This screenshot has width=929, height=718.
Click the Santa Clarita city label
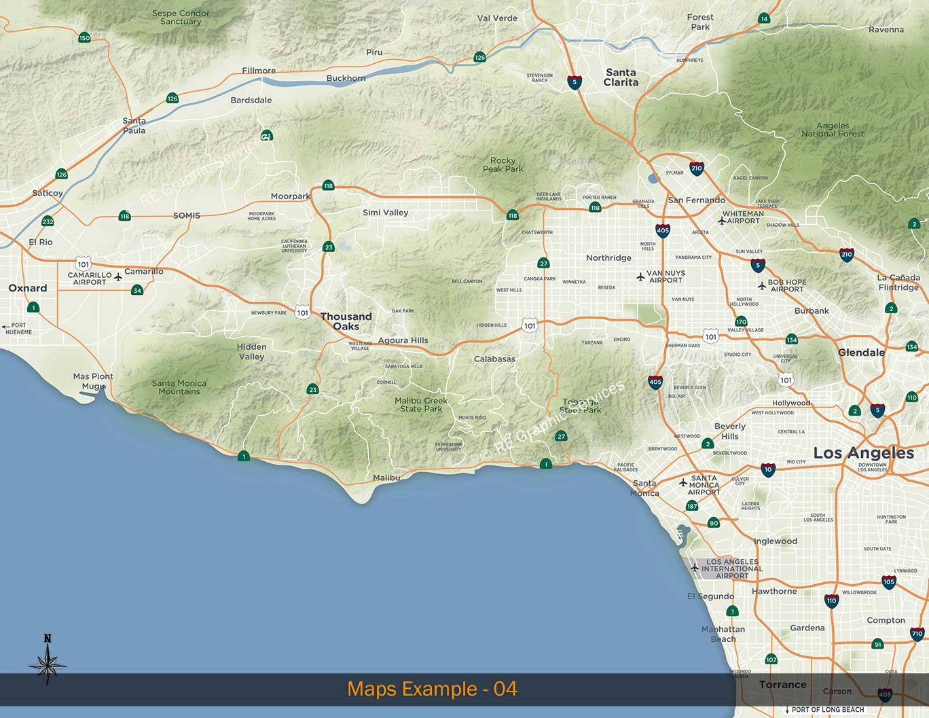coord(621,77)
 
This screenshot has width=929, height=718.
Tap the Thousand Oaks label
coord(346,321)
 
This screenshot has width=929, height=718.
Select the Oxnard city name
coord(28,288)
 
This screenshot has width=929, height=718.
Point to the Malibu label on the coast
coord(386,478)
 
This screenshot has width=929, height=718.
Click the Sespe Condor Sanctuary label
coord(181,18)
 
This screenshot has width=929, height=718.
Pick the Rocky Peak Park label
coord(503,165)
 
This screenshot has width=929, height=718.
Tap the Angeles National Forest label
coord(833,130)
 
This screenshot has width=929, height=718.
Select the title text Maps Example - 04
coord(432,689)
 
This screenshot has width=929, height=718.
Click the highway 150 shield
coord(84,38)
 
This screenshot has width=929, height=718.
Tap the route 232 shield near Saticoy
coord(48,221)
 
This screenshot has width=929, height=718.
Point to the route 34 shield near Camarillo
coord(137,291)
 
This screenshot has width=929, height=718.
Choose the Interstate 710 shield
coord(917,634)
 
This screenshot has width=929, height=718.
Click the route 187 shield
coord(692,506)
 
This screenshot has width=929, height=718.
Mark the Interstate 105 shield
coord(888,581)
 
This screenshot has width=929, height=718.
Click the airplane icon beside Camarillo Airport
coord(118,277)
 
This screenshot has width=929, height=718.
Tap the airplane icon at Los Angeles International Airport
coord(695,568)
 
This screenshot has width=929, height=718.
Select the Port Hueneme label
coord(18,329)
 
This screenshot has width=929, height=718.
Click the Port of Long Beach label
coord(828,710)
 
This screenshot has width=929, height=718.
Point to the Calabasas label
coord(494,359)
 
